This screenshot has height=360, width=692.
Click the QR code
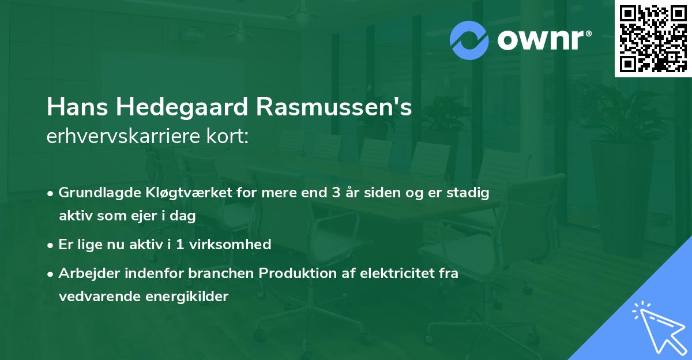[653, 39]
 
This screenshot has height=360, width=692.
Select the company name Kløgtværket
[173, 193]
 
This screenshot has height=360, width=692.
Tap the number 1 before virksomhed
[180, 244]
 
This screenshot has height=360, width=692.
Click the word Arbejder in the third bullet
[85, 273]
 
